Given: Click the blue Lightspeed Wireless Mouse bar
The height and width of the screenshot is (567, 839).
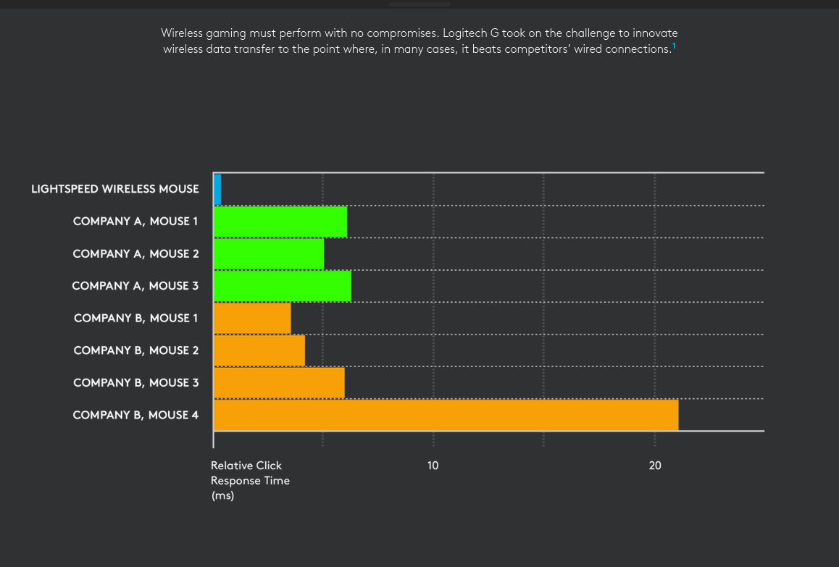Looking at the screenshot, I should click(x=217, y=190).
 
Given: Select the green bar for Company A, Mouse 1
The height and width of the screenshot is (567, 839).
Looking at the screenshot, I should click(x=280, y=222).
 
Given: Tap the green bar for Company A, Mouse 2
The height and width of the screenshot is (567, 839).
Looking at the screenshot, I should click(x=269, y=253).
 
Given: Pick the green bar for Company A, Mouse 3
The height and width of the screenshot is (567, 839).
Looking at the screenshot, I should click(x=283, y=286).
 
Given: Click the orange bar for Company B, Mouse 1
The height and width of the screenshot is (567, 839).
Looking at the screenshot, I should click(x=252, y=318).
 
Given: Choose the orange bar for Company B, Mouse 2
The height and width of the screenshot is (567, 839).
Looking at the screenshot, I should click(x=259, y=350).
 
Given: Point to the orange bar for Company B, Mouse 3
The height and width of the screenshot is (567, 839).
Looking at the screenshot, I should click(x=279, y=382).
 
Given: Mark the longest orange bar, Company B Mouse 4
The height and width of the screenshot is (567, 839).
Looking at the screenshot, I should click(x=446, y=415).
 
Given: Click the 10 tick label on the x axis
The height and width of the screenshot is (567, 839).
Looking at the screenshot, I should click(x=433, y=466).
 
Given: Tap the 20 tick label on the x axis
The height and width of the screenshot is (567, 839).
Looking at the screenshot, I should click(x=655, y=466).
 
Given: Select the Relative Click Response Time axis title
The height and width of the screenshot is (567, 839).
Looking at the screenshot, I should click(x=250, y=480).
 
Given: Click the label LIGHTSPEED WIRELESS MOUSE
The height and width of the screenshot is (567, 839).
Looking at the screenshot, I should click(x=114, y=189).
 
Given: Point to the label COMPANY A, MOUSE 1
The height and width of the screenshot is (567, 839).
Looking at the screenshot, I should click(x=135, y=222).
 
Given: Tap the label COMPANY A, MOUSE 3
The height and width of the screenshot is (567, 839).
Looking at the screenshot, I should click(x=135, y=286).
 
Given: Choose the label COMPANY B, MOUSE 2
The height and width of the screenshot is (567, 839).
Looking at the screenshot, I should click(x=136, y=350).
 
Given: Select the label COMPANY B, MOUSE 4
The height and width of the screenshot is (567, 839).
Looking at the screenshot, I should click(x=135, y=415).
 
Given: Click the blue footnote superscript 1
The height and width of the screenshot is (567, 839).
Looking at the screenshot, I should click(x=674, y=46).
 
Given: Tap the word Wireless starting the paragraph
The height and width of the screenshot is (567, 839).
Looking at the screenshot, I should click(x=182, y=33).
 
